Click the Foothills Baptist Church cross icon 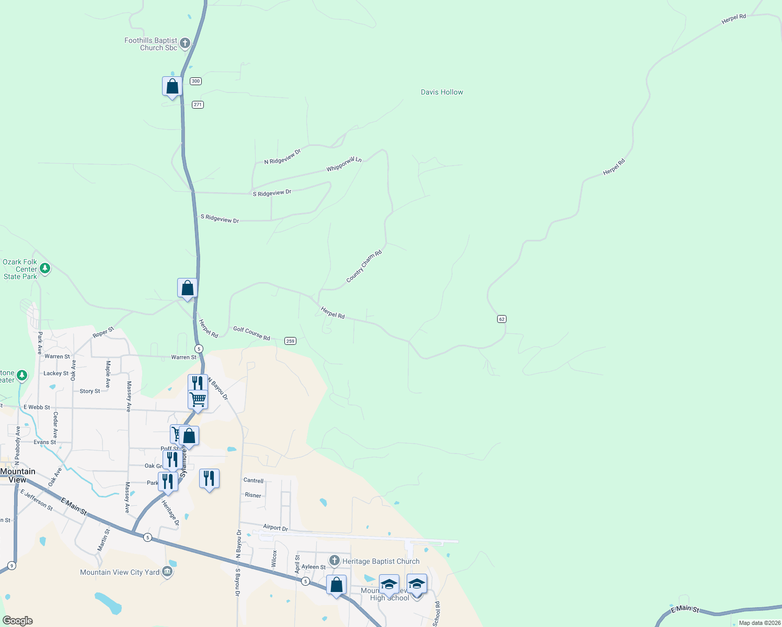coord(185,43)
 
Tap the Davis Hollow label coord(442,92)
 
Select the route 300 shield coord(195,81)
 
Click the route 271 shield coord(198,104)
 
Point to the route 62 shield coord(502,319)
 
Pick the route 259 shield coord(291,341)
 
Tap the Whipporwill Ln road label coord(344,164)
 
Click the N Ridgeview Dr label coord(282,157)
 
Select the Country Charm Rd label coord(364,266)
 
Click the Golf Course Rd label coord(251,333)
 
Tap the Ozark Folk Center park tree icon coord(45,269)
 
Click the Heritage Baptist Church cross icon coord(335,561)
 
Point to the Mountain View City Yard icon coord(167,572)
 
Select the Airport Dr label coord(275,527)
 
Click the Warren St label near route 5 coord(183,357)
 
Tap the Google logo coord(18,620)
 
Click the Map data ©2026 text coord(759,623)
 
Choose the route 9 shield coord(11,565)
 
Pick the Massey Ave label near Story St coord(129,396)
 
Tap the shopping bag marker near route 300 coord(172,86)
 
